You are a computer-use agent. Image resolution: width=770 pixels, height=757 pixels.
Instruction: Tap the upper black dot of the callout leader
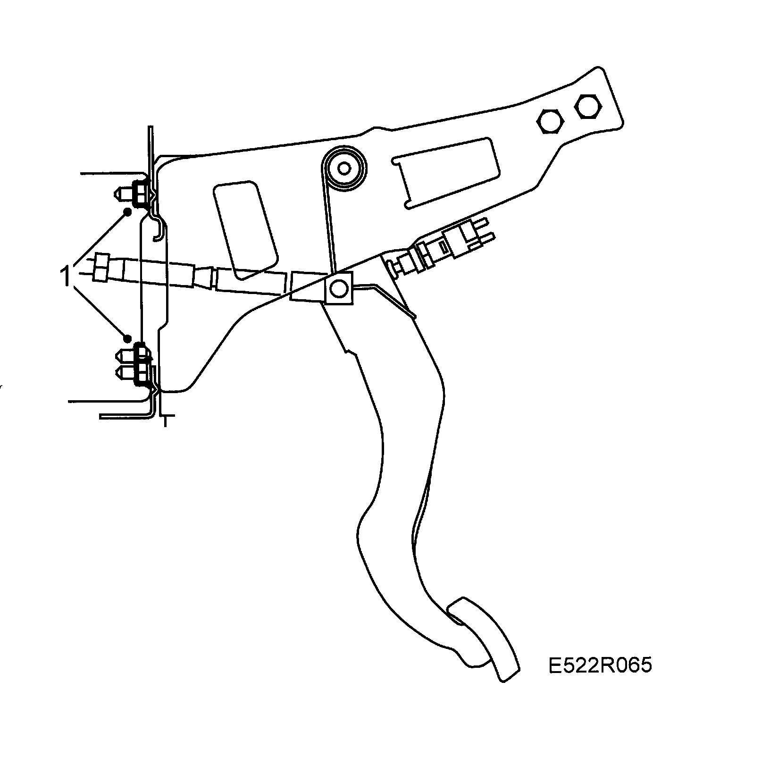[127, 211]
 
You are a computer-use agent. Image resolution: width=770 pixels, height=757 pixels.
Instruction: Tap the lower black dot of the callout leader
[127, 338]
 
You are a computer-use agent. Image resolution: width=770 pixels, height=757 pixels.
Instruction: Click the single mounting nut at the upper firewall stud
[139, 193]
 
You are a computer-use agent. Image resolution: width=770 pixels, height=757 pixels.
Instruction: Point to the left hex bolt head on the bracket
[551, 121]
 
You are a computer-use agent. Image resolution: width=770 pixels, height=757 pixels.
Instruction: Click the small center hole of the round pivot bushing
[344, 168]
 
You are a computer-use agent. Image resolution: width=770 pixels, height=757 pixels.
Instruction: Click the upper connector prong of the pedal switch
[484, 222]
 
